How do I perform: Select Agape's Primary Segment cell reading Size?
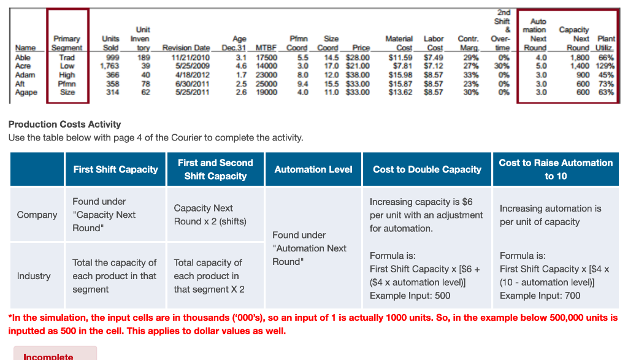(67, 93)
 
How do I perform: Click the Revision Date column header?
(186, 48)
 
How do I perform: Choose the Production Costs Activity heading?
(64, 124)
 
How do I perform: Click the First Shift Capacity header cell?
(115, 169)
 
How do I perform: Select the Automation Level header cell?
(313, 169)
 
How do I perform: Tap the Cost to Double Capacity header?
(427, 169)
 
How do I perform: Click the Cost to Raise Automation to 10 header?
(556, 169)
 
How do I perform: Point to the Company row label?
(37, 215)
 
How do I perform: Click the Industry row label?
(34, 276)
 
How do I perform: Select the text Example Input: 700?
(540, 296)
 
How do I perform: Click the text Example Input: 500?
(410, 296)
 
